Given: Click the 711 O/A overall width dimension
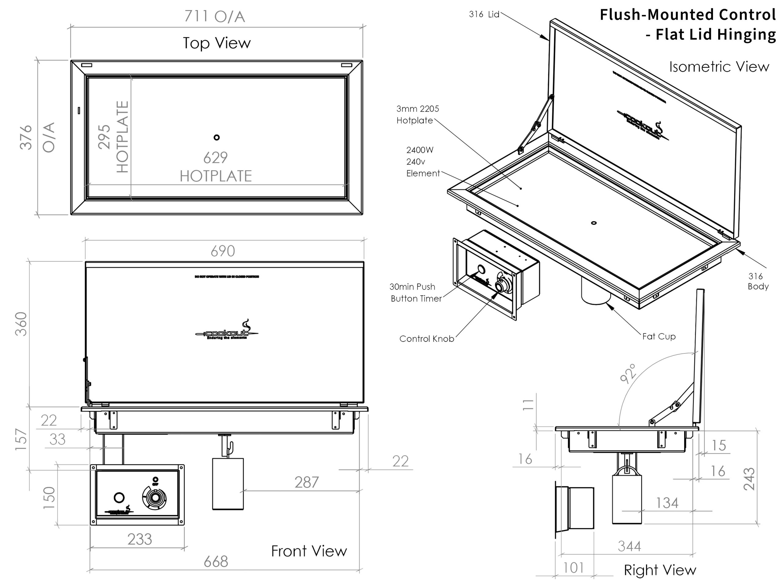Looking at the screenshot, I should click(x=214, y=16).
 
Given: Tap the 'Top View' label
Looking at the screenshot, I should click(x=217, y=43).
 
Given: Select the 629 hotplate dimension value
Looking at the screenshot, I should click(x=215, y=158).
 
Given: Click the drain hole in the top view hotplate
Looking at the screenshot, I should click(x=217, y=137).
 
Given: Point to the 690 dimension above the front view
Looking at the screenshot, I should click(x=223, y=251).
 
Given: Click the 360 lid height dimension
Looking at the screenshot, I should click(x=21, y=324).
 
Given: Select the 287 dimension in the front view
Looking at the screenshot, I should click(x=306, y=482).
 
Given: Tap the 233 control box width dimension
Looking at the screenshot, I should click(x=140, y=539).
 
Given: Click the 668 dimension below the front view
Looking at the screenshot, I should click(x=216, y=562).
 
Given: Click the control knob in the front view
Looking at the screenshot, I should click(x=155, y=498).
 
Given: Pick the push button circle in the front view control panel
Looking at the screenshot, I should click(x=119, y=497).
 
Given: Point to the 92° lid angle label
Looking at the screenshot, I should click(x=628, y=373).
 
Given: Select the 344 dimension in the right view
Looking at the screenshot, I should click(x=629, y=546).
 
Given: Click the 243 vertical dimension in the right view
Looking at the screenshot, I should click(x=749, y=479).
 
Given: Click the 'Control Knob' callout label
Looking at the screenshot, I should click(x=426, y=339).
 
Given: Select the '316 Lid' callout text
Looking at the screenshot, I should click(x=484, y=14).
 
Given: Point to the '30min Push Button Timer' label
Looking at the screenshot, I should click(x=415, y=293).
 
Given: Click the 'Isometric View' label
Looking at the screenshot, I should click(x=719, y=67).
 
